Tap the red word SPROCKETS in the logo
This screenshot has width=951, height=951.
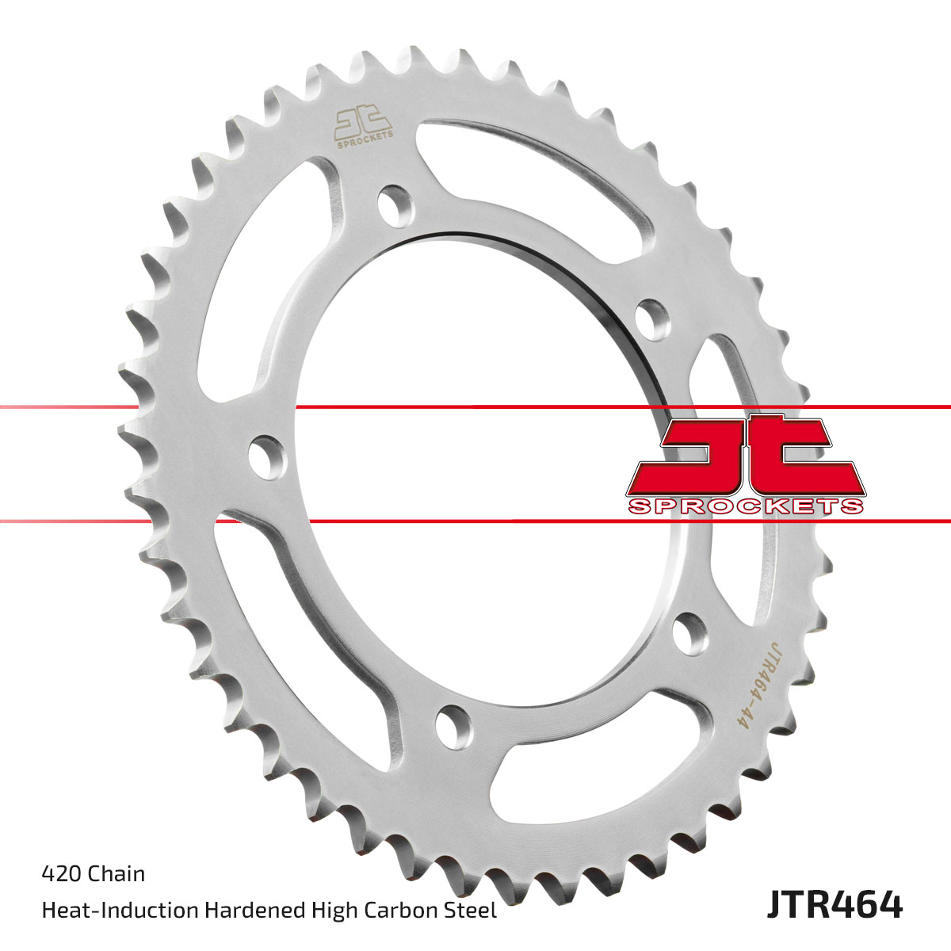[746, 506]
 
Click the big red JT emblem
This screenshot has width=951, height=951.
[746, 456]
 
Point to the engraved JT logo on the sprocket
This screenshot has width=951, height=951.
[363, 126]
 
